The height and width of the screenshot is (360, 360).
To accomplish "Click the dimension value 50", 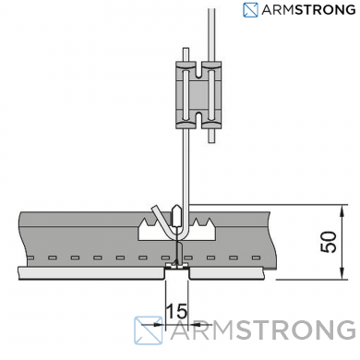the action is coord(329,242).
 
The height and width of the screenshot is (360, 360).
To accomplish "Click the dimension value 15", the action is coord(176,311).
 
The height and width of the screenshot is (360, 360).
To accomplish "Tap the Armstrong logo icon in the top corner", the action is coord(250,10).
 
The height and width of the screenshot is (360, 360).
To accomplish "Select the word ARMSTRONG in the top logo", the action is coord(308,10).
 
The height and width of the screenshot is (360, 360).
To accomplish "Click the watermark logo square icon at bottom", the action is coord(149,330).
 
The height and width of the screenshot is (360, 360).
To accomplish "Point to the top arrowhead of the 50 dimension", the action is coord(342,210).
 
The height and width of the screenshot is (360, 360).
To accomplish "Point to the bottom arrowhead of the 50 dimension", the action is coord(342,274).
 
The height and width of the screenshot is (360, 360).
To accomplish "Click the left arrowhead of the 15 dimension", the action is coord(160,324).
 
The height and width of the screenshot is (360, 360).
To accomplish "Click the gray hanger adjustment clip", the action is coord(198,94).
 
